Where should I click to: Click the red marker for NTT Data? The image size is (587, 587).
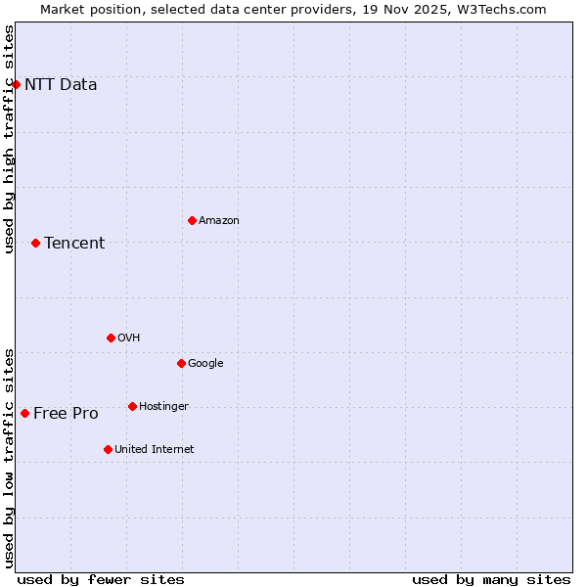[x=16, y=84]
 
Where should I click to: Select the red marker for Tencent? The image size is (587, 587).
[x=35, y=243]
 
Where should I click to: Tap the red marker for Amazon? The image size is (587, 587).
[x=192, y=220]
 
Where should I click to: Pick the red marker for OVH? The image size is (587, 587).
[x=111, y=338]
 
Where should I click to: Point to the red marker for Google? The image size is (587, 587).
[x=181, y=363]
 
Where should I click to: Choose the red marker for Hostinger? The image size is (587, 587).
[x=132, y=406]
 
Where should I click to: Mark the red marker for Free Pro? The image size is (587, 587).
[x=24, y=413]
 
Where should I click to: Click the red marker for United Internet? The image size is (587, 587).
[x=108, y=449]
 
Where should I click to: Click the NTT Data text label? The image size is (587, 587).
[x=61, y=84]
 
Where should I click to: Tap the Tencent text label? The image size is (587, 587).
[x=74, y=243]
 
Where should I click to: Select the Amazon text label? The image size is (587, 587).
[x=219, y=220]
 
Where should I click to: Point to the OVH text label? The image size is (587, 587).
[x=129, y=338]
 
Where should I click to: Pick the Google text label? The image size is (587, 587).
[x=205, y=363]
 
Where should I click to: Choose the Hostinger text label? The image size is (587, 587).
[x=163, y=406]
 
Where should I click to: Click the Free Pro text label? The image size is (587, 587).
[x=66, y=413]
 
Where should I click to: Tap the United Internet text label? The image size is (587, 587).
[x=155, y=449]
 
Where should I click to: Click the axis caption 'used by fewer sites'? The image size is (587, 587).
[x=101, y=579]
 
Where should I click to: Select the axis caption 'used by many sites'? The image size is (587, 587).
[x=491, y=579]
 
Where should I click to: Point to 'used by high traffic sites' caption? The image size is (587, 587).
[x=10, y=139]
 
